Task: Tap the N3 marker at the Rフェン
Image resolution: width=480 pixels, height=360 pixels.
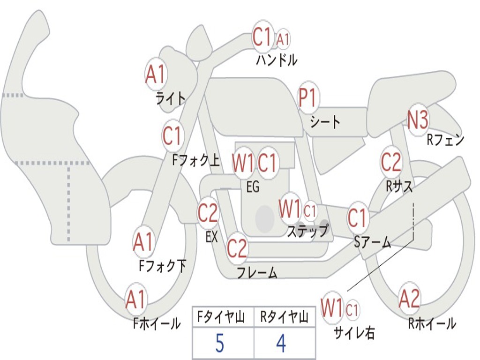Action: pyautogui.click(x=418, y=120)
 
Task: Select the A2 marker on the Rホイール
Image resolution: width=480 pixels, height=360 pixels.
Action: pyautogui.click(x=410, y=299)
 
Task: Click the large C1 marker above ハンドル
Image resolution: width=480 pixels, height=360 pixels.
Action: pyautogui.click(x=262, y=37)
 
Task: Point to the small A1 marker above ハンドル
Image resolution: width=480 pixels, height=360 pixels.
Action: pyautogui.click(x=283, y=39)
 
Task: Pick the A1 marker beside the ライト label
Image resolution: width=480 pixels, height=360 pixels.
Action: pyautogui.click(x=156, y=74)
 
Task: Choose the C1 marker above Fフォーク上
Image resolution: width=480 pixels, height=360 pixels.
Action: pyautogui.click(x=172, y=136)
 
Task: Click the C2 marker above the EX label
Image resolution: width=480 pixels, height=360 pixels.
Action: pyautogui.click(x=208, y=212)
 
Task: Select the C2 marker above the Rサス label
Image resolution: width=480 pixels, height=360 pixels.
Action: pyautogui.click(x=391, y=162)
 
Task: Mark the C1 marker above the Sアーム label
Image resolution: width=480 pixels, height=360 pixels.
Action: pyautogui.click(x=358, y=217)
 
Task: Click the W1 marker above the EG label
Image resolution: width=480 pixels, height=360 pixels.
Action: pyautogui.click(x=243, y=163)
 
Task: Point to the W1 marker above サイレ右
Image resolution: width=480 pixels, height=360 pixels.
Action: pyautogui.click(x=332, y=307)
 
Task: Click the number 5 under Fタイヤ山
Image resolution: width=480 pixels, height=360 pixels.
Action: pyautogui.click(x=220, y=343)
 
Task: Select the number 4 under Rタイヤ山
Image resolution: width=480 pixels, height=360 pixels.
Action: pyautogui.click(x=281, y=343)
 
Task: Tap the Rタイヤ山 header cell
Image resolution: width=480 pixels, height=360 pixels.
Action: pyautogui.click(x=285, y=317)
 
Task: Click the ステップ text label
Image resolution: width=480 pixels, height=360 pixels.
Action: pyautogui.click(x=308, y=231)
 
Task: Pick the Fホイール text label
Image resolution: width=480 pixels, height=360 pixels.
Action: pyautogui.click(x=157, y=323)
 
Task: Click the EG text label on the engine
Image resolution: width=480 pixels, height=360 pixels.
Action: pyautogui.click(x=253, y=187)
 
